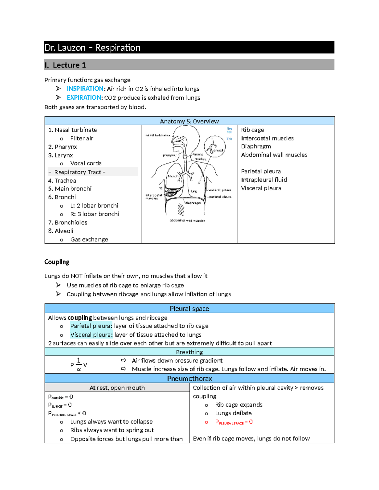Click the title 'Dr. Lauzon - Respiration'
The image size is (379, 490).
pos(92,48)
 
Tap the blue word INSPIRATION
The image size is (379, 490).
pos(85,89)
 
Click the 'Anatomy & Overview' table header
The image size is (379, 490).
pos(189,121)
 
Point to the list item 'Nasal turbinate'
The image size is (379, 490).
pos(75,130)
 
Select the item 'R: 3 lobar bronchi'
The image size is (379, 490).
pos(94,214)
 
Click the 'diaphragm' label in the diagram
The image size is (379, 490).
pos(193,203)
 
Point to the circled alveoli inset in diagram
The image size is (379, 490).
pos(214,146)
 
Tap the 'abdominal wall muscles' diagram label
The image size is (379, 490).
pos(187,221)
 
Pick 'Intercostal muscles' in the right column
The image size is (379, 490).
pos(267,138)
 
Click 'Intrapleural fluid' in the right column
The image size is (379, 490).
pos(264,180)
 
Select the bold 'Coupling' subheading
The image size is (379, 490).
pos(57,262)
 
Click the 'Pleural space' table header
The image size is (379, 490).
pos(189,309)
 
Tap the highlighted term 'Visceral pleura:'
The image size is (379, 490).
pos(91,334)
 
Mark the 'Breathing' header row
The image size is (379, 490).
pos(189,352)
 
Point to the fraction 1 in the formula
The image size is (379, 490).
pos(79,360)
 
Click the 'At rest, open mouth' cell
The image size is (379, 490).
pos(117,387)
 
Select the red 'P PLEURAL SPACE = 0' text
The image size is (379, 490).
pos(234,422)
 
